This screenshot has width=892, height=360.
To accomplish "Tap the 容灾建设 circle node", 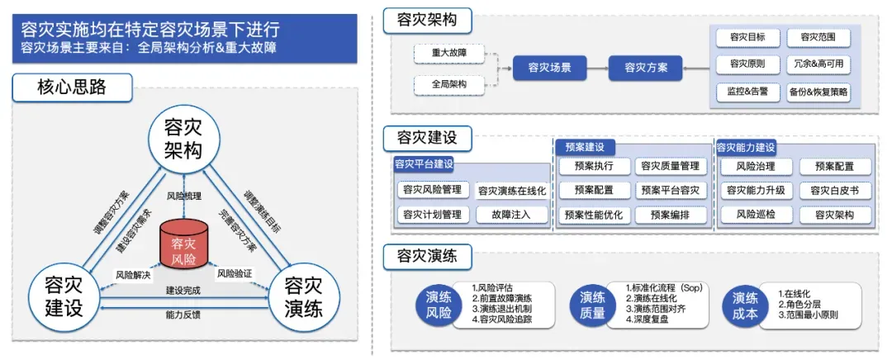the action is [x=63, y=297].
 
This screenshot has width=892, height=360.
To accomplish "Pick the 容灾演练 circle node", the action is [x=303, y=297].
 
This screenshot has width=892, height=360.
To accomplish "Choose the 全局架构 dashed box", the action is [x=448, y=84].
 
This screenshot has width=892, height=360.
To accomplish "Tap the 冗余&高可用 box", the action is [x=819, y=64].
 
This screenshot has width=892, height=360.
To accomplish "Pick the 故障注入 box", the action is [x=511, y=215].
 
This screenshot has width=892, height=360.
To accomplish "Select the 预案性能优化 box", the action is [x=594, y=215].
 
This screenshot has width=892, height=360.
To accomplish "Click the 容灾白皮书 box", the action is [x=835, y=191].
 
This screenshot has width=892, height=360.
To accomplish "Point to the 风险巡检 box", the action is [x=756, y=215].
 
